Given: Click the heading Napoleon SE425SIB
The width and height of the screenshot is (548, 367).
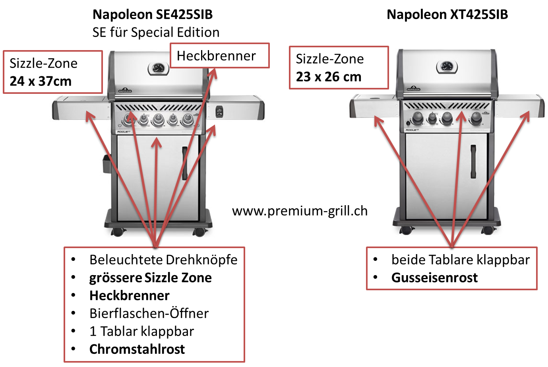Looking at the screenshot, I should pos(153,15).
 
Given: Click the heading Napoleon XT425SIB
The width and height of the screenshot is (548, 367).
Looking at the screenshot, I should pos(447,15).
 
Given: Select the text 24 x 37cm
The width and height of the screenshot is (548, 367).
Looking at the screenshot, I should pos(41,81).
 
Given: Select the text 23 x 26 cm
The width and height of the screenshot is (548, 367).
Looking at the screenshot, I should pos(329,77).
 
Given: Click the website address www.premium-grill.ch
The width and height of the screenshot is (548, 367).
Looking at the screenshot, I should pos(300,211).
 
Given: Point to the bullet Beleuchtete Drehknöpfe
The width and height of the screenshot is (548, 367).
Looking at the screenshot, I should pos(163,260).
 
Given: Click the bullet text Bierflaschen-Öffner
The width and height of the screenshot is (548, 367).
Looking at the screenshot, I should pos(149,313).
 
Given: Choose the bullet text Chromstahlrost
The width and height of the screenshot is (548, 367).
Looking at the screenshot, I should pos(137,349).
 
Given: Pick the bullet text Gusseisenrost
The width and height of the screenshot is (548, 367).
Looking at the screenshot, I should pos(434,278).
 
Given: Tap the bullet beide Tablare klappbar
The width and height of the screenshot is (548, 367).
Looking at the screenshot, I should pos(461,260).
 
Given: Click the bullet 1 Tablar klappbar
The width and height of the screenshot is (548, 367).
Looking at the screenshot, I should pos(142,331).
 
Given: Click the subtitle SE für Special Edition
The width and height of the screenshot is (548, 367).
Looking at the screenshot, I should pos(156,32).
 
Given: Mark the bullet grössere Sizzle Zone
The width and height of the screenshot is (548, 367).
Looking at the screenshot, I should pos(150,278).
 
